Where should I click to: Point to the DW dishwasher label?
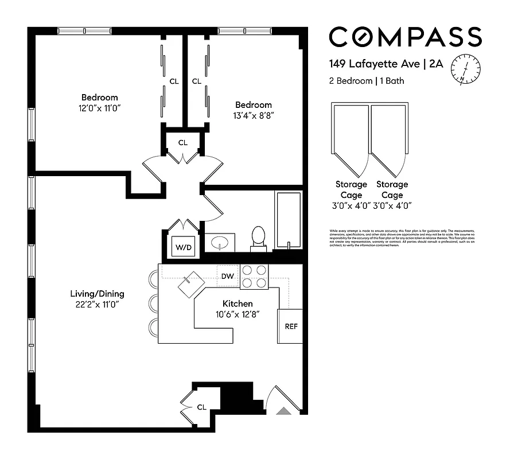click(228, 277)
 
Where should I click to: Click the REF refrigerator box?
click(291, 326)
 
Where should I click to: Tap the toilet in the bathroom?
click(259, 238)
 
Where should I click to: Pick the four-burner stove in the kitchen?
click(254, 275)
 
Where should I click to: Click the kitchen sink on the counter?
click(191, 283)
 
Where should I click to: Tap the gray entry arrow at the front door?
click(284, 410)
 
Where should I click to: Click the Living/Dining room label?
click(95, 294)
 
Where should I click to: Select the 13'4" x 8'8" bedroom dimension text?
click(254, 115)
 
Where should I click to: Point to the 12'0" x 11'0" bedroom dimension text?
click(99, 108)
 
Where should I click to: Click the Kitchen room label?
click(238, 304)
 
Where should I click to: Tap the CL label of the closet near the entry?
click(201, 407)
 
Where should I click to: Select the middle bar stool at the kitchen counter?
click(153, 303)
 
